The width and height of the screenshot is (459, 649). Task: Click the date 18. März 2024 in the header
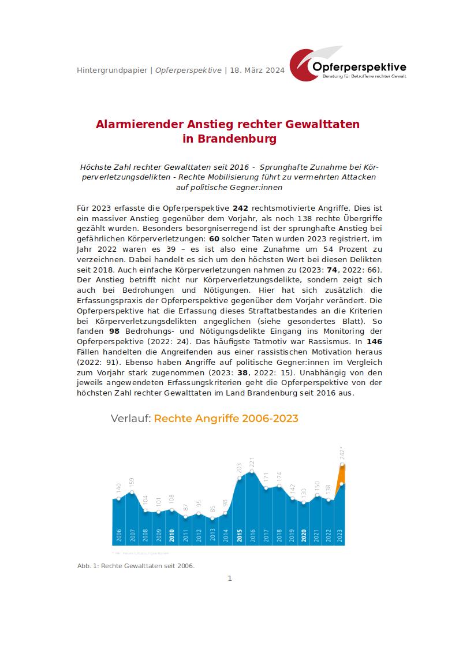[257, 70]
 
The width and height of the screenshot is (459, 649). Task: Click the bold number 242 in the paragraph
[240, 207]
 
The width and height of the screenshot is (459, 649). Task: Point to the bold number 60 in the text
[214, 238]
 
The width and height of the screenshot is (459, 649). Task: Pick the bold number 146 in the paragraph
[374, 342]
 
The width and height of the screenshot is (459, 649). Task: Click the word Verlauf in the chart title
[130, 419]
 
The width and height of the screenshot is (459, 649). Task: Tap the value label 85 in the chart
[212, 510]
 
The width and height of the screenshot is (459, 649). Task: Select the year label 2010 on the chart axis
[172, 535]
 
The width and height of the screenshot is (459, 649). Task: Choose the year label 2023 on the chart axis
[341, 535]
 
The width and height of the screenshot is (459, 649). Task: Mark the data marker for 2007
[132, 493]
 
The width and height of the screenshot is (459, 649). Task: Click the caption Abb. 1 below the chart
[87, 566]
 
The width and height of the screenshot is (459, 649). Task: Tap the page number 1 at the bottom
[230, 579]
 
